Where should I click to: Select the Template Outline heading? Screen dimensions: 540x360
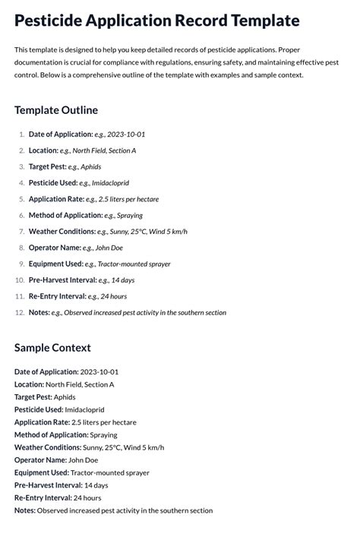pos(55,110)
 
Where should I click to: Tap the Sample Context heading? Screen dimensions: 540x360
pos(52,347)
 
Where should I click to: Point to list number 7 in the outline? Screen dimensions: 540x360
pos(21,232)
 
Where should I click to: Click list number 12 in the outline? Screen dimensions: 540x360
pos(20,312)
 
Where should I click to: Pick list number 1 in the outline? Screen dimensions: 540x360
pos(21,134)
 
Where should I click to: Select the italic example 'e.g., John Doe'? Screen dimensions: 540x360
pos(103,248)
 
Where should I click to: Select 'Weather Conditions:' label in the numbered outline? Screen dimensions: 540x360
pos(62,232)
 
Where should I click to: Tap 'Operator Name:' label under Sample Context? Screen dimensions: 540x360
pos(40,459)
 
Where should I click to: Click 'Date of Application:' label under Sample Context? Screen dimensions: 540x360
pos(46,372)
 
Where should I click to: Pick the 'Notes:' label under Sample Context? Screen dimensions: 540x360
pos(25,510)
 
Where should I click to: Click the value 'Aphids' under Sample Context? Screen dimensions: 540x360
pos(65,397)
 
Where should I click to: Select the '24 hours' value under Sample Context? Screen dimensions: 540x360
pos(87,497)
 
